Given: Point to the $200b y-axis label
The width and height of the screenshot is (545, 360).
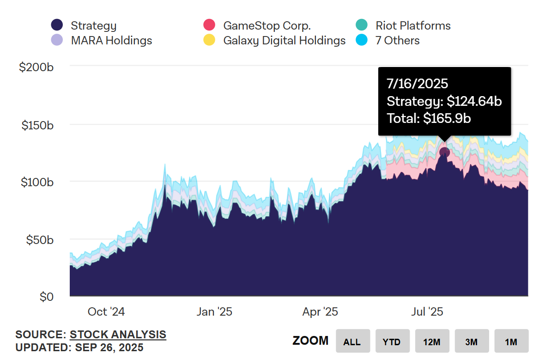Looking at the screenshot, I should (36, 67).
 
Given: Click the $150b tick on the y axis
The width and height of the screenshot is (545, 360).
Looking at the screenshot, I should (37, 125).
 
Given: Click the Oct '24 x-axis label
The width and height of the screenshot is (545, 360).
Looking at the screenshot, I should (106, 312).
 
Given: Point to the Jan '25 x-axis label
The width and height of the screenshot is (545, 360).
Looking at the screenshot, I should (214, 312).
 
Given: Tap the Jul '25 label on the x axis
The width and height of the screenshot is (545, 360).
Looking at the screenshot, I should (427, 312).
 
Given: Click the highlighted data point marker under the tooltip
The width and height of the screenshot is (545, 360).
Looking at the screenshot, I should (444, 152).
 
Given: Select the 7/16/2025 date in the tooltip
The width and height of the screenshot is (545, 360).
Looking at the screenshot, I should (417, 84).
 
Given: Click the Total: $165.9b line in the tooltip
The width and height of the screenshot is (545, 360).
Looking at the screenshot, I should (429, 118).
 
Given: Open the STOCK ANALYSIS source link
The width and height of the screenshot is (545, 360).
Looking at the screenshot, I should (118, 335).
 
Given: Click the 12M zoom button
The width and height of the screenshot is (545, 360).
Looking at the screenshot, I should (432, 342).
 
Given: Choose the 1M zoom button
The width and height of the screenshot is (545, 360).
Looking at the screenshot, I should (511, 342).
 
